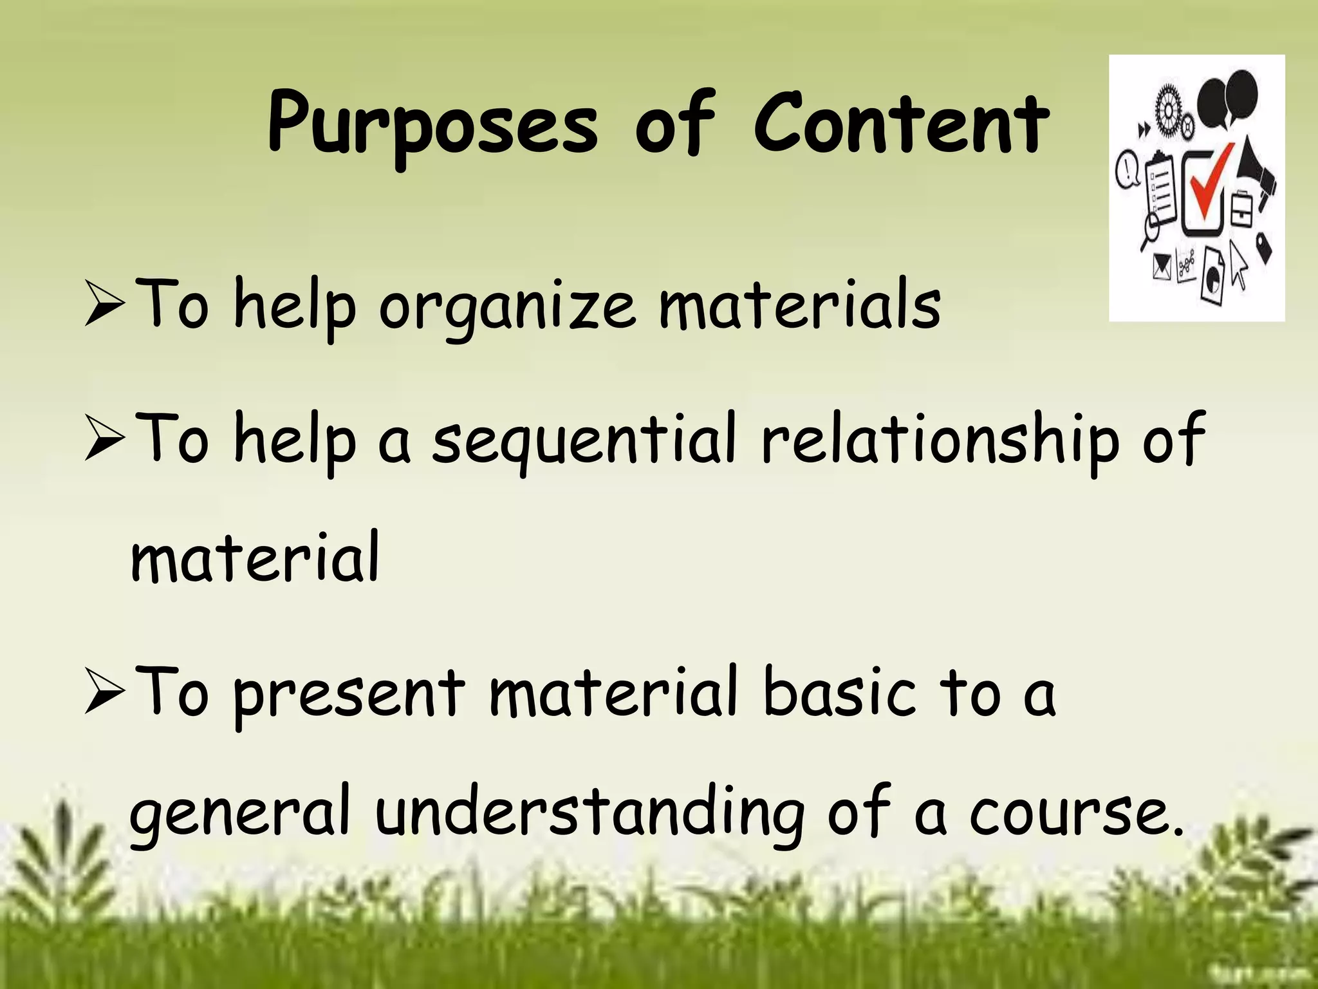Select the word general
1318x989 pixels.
pyautogui.click(x=240, y=813)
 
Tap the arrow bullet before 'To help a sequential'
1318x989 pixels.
pyautogui.click(x=104, y=444)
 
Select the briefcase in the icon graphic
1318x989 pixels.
pyautogui.click(x=1242, y=209)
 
